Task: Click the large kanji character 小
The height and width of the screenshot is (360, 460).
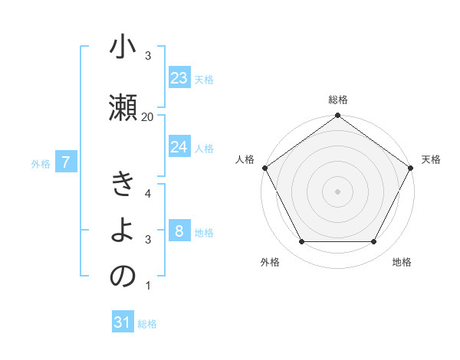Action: (x=123, y=49)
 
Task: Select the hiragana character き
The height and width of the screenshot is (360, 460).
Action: (x=123, y=185)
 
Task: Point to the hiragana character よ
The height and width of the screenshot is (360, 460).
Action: (x=123, y=230)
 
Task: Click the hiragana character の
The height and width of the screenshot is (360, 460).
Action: (x=123, y=277)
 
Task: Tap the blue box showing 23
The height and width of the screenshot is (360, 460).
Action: (x=179, y=78)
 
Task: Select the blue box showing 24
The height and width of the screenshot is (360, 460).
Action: (x=179, y=147)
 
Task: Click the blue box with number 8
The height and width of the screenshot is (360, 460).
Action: (x=179, y=231)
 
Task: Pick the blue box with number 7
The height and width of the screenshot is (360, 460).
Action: (x=67, y=162)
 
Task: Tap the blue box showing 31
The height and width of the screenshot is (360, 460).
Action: (x=123, y=322)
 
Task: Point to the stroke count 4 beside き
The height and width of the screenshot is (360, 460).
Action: (x=147, y=193)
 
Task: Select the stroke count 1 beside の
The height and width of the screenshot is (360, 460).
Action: (x=147, y=286)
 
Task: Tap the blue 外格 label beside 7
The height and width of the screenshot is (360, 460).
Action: (x=41, y=163)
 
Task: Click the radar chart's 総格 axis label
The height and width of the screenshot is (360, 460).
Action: (x=337, y=100)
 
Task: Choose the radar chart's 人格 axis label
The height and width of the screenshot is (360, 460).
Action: (x=245, y=159)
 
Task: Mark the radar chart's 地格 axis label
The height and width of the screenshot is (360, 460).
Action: (x=402, y=262)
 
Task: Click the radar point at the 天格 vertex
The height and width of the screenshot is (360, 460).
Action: (x=411, y=168)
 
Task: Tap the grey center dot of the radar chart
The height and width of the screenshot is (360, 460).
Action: (x=337, y=191)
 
